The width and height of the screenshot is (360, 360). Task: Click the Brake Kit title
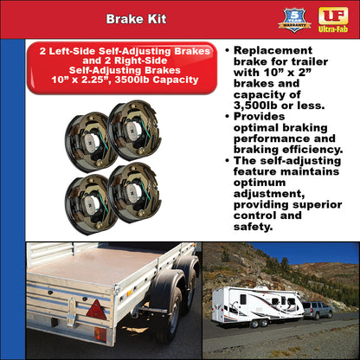pos(131,18)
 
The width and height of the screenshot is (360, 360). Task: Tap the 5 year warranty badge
pos(295,18)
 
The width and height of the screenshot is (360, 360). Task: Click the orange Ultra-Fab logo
pos(333,18)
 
